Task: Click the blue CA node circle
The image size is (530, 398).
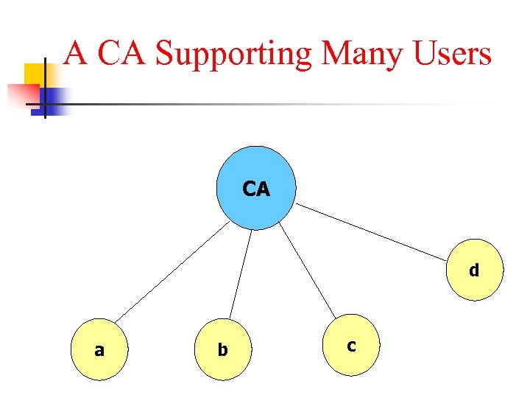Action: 256,189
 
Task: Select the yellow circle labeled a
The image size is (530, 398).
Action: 99,350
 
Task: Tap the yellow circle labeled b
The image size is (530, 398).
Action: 223,350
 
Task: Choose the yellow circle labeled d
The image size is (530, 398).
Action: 475,270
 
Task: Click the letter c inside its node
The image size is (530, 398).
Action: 351,344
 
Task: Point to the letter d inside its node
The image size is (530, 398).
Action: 475,270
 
